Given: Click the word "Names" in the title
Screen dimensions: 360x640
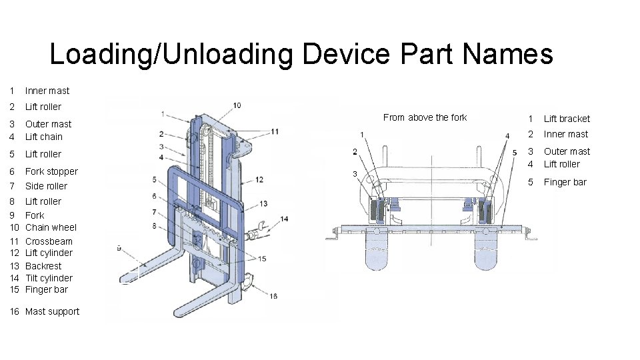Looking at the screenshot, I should click(510, 54).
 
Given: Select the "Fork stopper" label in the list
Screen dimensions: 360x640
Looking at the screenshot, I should click(51, 171).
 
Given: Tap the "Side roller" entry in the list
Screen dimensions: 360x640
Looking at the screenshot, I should click(46, 186).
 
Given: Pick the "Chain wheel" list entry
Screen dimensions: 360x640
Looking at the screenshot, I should click(51, 227).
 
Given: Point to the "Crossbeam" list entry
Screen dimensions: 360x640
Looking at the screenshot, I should click(49, 241).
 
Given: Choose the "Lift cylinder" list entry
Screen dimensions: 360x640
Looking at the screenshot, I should click(49, 253).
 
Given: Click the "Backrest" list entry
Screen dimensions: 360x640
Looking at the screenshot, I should click(43, 266).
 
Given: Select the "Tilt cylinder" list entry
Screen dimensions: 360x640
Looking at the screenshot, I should click(49, 278).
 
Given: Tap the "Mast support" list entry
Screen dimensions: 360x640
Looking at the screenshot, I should click(52, 311).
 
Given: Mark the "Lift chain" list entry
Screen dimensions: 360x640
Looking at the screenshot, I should click(44, 137).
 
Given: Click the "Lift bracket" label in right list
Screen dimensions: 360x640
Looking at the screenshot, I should click(567, 119).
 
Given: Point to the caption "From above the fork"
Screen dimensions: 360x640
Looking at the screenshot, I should click(425, 117).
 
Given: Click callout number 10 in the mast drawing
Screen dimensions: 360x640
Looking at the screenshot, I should click(237, 105).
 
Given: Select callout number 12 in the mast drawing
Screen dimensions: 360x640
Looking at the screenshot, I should click(259, 179).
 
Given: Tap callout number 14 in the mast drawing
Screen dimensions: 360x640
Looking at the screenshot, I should click(284, 219).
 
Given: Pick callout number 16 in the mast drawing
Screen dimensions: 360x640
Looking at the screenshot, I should click(273, 296).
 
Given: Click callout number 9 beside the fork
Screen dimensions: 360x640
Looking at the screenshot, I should click(119, 248).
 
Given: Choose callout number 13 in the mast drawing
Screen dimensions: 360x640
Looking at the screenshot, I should click(264, 203).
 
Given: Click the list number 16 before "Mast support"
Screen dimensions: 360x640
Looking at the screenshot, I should click(15, 311).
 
